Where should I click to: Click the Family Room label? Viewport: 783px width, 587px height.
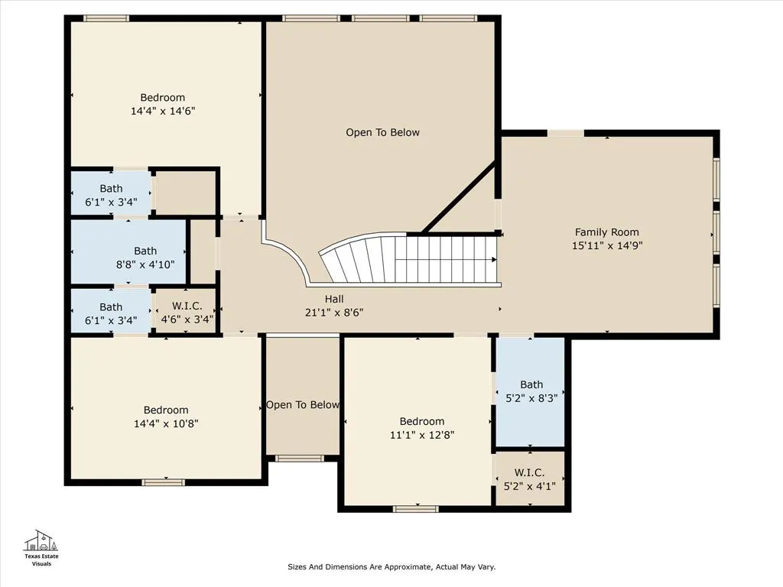[x=606, y=232]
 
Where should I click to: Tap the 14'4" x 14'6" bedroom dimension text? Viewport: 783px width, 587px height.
[x=163, y=111]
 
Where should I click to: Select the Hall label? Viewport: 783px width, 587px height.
[x=334, y=299]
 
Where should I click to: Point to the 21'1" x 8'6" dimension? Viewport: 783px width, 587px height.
[x=334, y=313]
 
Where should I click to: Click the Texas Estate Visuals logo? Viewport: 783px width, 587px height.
[x=41, y=548]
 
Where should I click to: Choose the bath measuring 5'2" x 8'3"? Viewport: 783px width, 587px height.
[x=531, y=391]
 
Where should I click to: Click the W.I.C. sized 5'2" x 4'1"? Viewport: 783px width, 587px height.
[x=531, y=478]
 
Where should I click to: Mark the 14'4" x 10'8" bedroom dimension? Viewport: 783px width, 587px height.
[x=166, y=423]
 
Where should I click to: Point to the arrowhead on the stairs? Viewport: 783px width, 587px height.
[x=494, y=260]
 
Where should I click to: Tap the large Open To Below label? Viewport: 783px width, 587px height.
[x=382, y=132]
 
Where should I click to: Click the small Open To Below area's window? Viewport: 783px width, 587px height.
[x=300, y=459]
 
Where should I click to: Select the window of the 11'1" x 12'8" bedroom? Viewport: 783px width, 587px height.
[x=415, y=508]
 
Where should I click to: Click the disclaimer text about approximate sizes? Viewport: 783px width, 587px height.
[x=391, y=566]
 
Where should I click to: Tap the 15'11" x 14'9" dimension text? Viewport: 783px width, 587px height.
[x=607, y=245]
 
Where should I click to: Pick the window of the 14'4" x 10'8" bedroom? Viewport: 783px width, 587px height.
[x=164, y=482]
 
